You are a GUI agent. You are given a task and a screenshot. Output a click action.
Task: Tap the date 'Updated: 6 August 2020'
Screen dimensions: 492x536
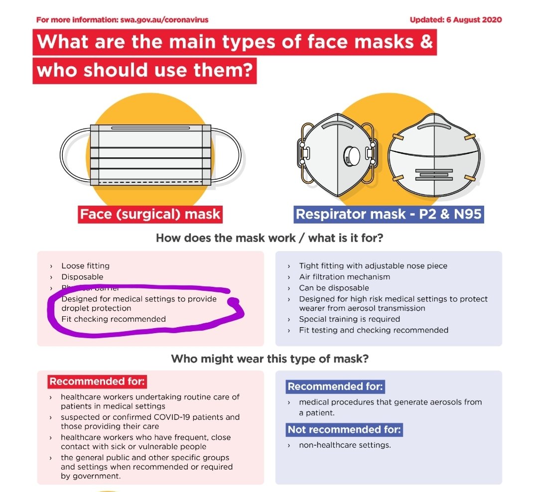coord(455,20)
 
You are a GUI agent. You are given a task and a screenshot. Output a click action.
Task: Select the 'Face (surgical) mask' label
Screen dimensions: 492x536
coord(150,215)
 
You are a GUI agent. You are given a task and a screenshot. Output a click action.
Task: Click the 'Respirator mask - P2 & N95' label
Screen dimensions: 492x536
coord(389,215)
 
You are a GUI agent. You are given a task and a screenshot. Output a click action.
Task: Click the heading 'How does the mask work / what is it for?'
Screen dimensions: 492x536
coord(269,238)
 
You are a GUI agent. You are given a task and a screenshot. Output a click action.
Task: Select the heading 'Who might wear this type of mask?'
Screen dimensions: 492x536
coord(269,359)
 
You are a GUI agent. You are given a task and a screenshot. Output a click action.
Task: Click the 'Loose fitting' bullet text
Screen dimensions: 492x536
coord(85,266)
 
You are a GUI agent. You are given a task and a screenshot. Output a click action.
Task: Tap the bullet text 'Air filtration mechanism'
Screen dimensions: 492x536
coord(344,277)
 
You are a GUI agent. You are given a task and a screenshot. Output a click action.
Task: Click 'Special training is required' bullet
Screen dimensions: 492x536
coord(349,319)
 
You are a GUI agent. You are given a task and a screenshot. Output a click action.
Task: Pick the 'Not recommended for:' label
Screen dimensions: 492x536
coord(345,430)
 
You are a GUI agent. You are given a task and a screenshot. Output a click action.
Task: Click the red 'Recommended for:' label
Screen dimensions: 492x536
coord(97,382)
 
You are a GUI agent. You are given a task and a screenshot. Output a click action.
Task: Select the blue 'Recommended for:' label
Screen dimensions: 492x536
coord(335,387)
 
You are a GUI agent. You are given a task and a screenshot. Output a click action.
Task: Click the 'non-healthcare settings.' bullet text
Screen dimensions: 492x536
coord(345,445)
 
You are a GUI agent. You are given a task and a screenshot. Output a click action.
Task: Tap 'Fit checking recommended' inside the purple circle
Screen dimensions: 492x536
coord(113,319)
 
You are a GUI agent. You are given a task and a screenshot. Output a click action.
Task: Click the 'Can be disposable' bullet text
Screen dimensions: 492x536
coord(334,288)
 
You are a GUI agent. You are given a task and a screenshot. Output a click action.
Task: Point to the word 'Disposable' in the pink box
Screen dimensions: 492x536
coord(82,277)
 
